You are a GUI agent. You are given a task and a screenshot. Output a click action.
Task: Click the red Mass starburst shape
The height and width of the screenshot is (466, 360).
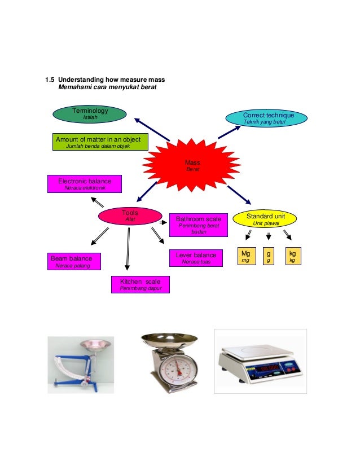click(x=192, y=165)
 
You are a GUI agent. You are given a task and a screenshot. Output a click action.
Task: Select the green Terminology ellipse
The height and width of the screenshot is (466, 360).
click(x=90, y=114)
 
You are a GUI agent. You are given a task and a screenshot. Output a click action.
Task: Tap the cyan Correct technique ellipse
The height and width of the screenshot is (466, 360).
click(x=266, y=118)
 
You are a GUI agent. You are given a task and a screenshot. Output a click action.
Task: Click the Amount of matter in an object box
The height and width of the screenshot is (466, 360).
click(x=100, y=142)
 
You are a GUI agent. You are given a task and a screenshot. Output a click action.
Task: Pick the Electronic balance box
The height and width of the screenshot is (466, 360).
click(x=85, y=184)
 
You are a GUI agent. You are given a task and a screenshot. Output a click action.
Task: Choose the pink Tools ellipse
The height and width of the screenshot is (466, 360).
click(x=130, y=216)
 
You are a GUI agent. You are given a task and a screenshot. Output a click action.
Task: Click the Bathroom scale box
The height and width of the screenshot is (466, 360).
click(x=198, y=225)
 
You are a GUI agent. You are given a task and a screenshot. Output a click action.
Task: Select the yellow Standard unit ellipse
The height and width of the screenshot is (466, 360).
click(x=265, y=219)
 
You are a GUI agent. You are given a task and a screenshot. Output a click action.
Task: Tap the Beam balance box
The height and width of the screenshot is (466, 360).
click(x=74, y=262)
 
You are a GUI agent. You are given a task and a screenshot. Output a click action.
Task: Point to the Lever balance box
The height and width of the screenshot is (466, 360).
click(x=196, y=258)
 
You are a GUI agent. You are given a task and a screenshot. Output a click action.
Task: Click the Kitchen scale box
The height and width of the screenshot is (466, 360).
click(x=141, y=284)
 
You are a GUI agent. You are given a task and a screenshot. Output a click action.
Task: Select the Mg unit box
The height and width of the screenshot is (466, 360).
click(x=247, y=256)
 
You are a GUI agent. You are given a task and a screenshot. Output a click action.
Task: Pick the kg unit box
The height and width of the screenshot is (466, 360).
click(x=293, y=256)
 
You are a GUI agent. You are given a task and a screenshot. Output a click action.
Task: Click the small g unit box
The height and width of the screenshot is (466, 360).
click(x=269, y=256)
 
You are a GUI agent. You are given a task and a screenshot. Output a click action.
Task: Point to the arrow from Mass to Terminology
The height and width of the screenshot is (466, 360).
click(x=152, y=130)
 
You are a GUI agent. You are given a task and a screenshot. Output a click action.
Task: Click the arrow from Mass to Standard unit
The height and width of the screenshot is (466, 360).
click(x=239, y=195)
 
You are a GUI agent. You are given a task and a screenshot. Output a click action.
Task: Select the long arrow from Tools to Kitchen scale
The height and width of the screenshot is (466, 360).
click(x=128, y=249)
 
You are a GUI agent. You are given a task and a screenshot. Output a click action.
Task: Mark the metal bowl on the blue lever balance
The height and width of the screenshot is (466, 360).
click(x=95, y=345)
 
